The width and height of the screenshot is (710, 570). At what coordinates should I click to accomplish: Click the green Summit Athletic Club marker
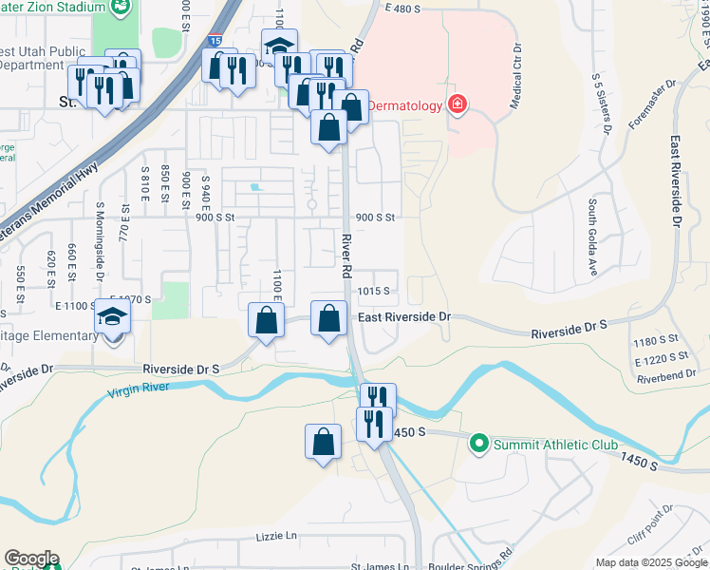(479, 444)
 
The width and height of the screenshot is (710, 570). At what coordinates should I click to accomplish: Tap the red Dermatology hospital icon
(458, 104)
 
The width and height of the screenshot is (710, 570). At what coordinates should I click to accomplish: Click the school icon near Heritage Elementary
(113, 318)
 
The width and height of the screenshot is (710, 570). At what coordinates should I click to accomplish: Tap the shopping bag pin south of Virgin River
(323, 442)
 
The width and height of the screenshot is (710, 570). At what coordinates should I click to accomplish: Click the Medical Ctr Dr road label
(515, 76)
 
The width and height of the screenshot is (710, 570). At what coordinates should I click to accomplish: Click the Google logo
(31, 558)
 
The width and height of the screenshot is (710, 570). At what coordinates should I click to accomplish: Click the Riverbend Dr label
(662, 377)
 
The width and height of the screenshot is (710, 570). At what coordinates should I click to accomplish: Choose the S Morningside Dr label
(100, 239)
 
